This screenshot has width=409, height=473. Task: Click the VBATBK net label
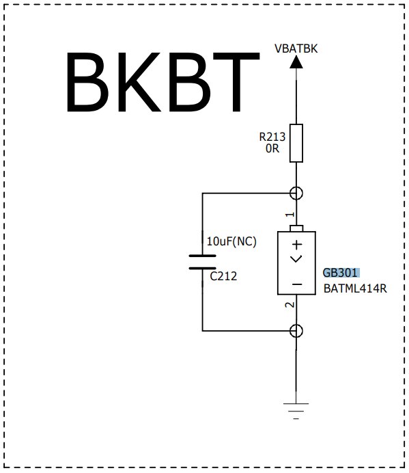[296, 49]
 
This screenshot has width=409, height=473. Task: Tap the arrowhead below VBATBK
[296, 62]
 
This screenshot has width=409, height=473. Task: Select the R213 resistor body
[296, 143]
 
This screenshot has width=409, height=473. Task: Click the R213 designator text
[272, 137]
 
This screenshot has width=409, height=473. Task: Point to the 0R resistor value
[272, 148]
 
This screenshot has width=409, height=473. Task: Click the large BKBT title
[163, 82]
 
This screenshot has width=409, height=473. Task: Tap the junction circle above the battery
[296, 193]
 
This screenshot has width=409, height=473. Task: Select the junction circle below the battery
[296, 331]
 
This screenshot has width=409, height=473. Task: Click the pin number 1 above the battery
[290, 215]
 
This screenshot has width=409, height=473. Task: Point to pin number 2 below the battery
[290, 305]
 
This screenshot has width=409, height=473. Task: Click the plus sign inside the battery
[297, 245]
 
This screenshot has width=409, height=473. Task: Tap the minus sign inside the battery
[297, 284]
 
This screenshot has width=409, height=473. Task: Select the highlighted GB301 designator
[340, 273]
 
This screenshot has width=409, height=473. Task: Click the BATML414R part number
[355, 288]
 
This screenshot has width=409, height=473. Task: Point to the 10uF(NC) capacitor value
[231, 241]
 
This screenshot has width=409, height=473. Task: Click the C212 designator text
[223, 276]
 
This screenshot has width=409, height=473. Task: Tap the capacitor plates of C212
[202, 262]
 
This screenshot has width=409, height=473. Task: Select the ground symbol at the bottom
[296, 411]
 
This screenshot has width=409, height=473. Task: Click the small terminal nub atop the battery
[296, 228]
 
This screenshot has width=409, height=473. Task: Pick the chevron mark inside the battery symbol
[296, 259]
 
